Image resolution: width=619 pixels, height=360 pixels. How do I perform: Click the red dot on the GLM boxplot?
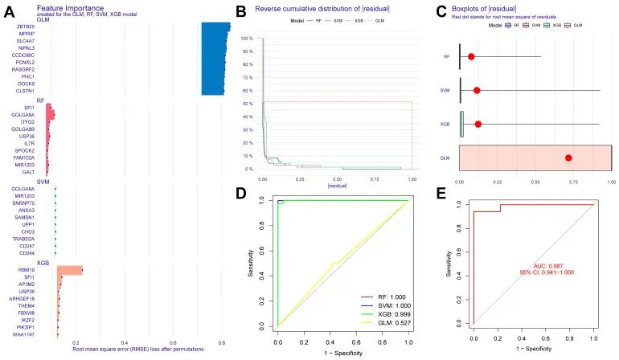[568, 157]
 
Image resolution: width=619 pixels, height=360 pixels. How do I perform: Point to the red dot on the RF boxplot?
[471, 56]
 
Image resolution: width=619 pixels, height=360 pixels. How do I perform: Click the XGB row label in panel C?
[445, 124]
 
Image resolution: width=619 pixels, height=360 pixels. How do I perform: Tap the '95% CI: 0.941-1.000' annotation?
[547, 273]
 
